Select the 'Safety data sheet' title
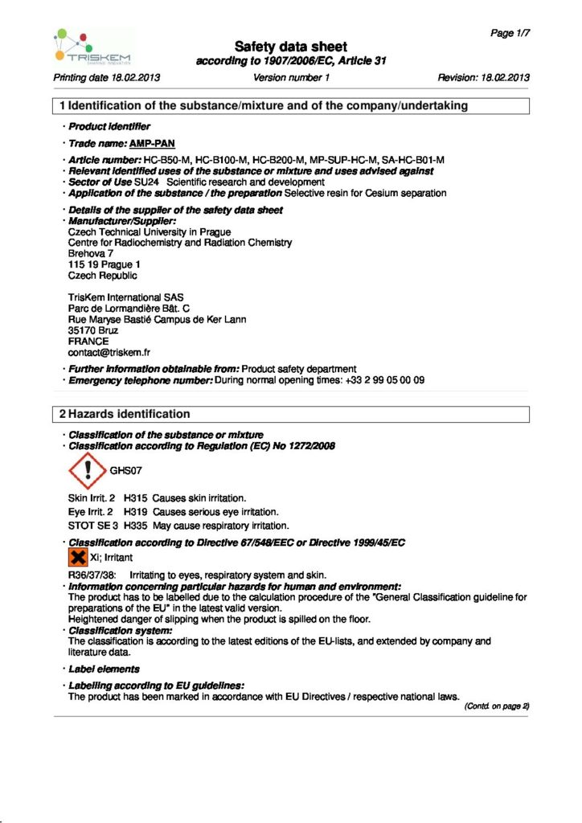(x=290, y=47)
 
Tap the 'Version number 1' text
(x=291, y=78)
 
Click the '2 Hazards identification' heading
(x=124, y=414)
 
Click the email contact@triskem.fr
(x=109, y=352)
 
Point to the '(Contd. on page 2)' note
(x=497, y=706)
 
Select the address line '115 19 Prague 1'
(x=105, y=264)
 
